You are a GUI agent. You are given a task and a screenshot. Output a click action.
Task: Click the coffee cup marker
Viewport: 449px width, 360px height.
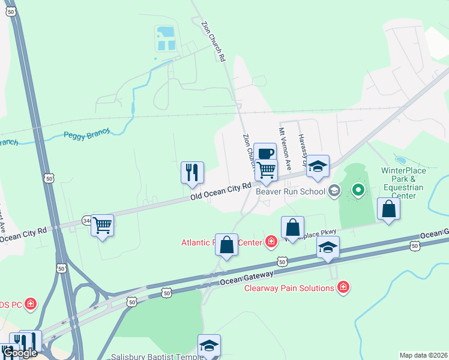265,153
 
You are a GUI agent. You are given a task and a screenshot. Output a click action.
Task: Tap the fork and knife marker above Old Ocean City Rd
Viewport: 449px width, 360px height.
192,172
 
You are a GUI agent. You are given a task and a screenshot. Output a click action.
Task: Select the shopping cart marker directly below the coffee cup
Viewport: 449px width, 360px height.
266,170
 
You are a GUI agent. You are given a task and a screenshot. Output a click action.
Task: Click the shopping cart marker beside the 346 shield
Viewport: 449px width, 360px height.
103,226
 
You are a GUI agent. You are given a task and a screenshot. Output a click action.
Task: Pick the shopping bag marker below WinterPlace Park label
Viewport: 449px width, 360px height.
389,209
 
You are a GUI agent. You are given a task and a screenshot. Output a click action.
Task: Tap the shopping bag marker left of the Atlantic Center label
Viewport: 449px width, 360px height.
227,245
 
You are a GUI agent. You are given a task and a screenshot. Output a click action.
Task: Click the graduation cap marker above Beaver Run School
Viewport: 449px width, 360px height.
318,167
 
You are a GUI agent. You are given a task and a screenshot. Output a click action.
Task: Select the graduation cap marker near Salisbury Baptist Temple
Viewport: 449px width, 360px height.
209,346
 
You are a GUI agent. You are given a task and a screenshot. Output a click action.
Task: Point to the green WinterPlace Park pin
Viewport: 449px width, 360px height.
358,191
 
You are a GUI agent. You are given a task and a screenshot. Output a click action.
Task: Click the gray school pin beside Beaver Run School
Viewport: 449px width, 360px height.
334,191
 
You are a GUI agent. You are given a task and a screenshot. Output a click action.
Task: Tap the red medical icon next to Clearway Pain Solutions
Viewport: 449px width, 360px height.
343,288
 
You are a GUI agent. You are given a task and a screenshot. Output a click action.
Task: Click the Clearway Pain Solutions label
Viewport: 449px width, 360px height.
289,288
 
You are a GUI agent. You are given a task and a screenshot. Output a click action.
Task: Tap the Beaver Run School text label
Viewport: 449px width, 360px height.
290,192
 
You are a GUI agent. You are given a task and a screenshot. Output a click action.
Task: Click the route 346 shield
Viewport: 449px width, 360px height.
88,221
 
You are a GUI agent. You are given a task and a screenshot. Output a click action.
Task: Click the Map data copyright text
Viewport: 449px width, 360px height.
423,355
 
